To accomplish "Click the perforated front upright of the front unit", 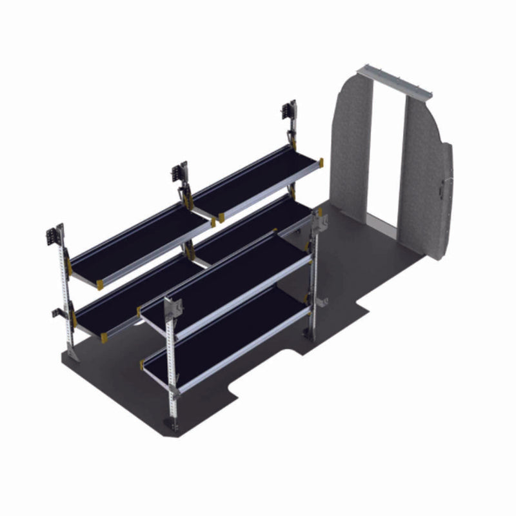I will coord(171,361).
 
